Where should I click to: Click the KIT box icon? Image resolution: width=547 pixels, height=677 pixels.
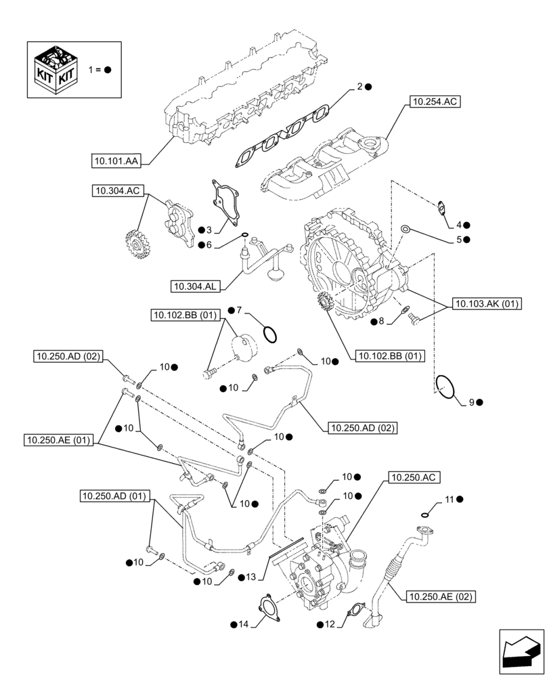pos(56,70)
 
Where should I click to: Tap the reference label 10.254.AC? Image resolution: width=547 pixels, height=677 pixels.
pos(433,103)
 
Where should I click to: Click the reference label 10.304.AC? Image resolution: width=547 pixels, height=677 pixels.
pos(117,192)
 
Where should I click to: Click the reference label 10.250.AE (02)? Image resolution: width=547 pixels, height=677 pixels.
pos(440,596)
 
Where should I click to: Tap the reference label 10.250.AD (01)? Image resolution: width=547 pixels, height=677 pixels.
pos(116,496)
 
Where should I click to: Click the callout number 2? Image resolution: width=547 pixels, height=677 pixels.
pos(360,87)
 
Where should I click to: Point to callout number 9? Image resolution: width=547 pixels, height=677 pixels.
pos(470,402)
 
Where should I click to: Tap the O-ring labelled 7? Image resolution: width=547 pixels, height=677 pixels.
pos(269,334)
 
